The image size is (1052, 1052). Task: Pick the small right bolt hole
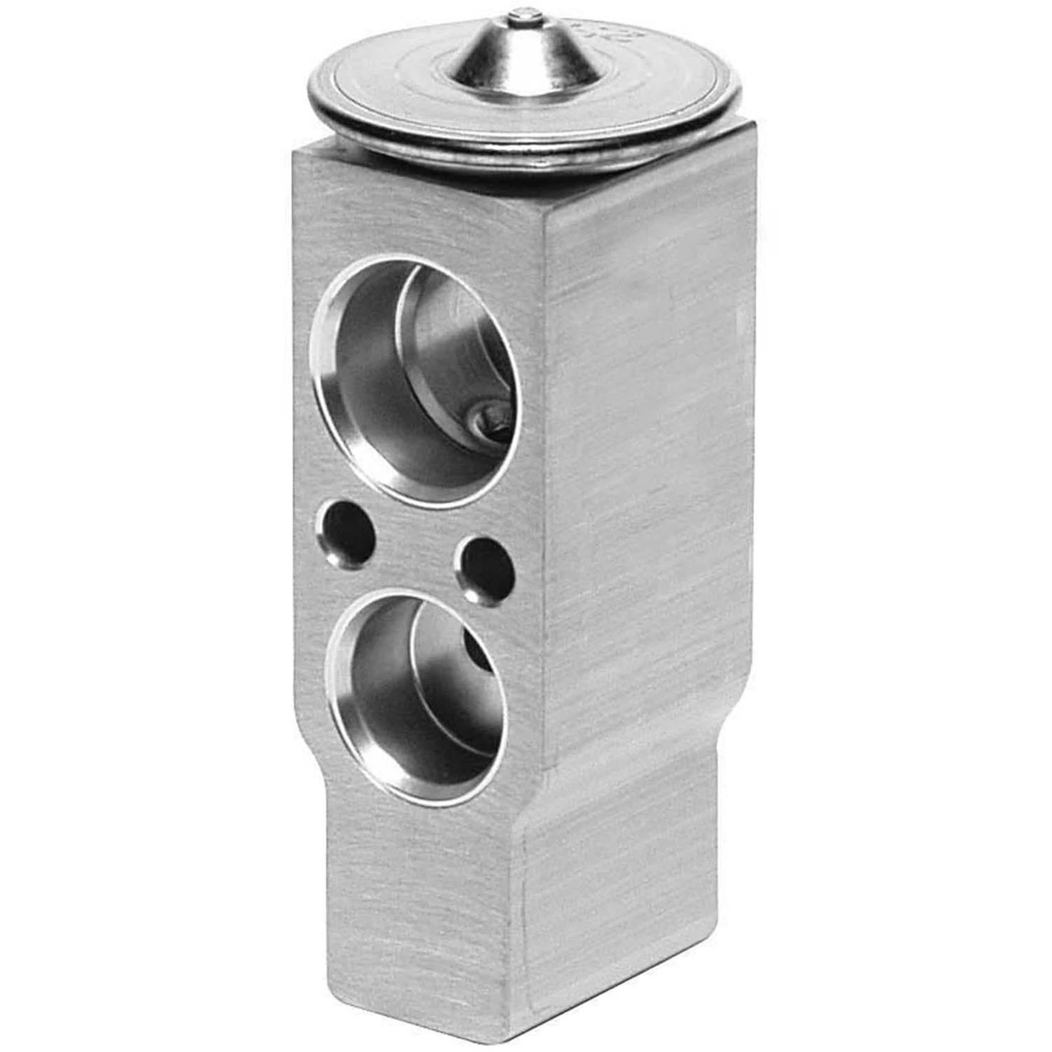(487, 567)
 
